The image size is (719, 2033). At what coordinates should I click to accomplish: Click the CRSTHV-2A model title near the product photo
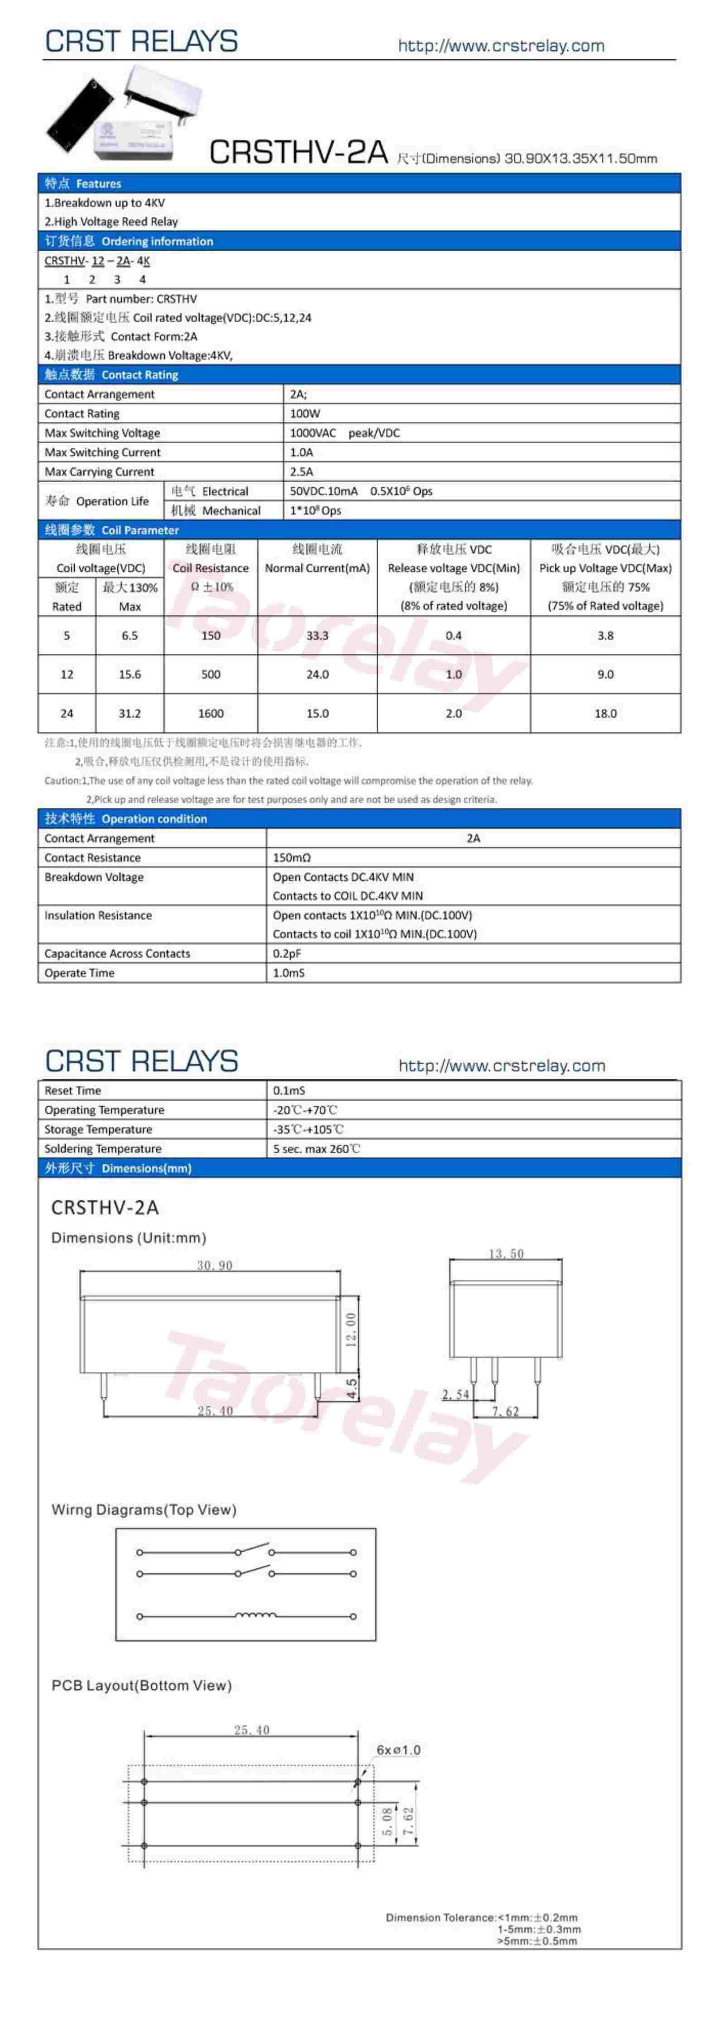tap(298, 152)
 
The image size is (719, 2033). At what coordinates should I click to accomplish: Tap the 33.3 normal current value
tap(317, 635)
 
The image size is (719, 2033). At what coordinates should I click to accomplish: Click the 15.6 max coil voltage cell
tap(129, 675)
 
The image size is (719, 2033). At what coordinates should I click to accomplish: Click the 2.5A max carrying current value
tap(302, 472)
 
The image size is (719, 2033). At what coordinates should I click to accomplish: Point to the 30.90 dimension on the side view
tap(215, 1265)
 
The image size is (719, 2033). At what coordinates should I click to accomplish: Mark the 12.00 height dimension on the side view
tap(352, 1330)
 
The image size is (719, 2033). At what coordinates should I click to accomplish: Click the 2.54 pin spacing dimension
tap(455, 1395)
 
